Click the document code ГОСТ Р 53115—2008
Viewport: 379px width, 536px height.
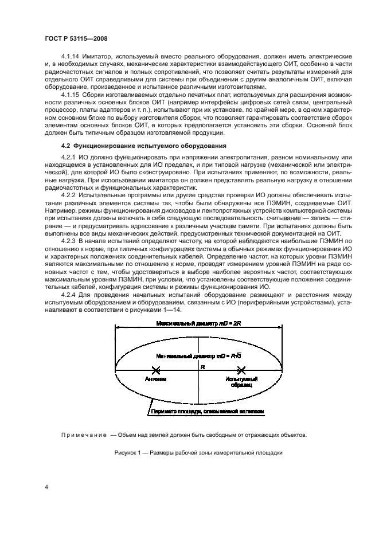click(x=77, y=38)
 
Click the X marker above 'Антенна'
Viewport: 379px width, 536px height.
click(x=154, y=371)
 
